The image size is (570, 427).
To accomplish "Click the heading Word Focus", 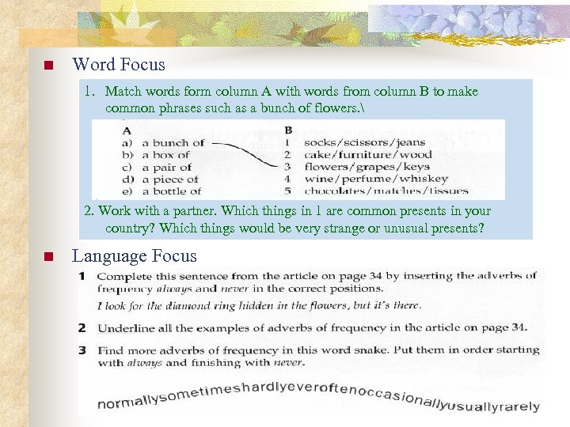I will pos(119,65).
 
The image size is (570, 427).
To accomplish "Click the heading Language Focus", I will pos(134,256).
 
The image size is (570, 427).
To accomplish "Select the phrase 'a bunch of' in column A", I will pos(173,143).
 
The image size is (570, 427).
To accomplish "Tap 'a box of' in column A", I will pos(166,155).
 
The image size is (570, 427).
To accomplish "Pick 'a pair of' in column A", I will pos(166,167).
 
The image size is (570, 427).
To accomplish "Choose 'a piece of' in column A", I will pos(169,179).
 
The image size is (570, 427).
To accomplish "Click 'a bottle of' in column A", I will pos(171,191).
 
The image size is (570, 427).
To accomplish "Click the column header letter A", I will pos(127,130).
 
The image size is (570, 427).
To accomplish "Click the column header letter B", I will pos(288,130).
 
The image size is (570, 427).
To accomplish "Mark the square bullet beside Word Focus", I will pos(47,66).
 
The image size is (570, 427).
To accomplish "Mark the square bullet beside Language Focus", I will pos(47,257).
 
